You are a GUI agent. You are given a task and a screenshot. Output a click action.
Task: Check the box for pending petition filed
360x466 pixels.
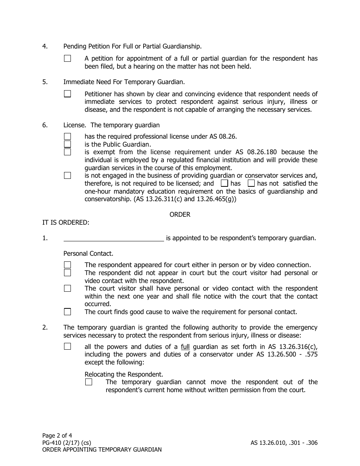(x=67, y=58)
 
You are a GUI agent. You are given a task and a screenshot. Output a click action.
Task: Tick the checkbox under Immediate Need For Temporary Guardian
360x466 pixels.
(x=67, y=94)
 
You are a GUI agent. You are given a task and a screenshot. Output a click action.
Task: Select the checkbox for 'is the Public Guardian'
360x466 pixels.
(x=67, y=144)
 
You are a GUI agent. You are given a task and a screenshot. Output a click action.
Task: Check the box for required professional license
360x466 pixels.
(x=67, y=136)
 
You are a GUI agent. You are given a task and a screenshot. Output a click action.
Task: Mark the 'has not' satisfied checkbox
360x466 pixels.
(x=251, y=183)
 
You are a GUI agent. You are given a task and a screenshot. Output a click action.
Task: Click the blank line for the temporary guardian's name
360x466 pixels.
(x=113, y=238)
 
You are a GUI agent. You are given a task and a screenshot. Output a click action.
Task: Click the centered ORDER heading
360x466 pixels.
(x=180, y=214)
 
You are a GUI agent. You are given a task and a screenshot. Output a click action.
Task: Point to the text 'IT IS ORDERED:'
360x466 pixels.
(x=66, y=222)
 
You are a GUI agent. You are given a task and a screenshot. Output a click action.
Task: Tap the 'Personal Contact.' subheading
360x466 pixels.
(x=88, y=253)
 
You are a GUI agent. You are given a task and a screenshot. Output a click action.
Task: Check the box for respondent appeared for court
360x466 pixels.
(x=67, y=265)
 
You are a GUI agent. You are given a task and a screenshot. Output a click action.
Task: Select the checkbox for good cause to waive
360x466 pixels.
(x=67, y=312)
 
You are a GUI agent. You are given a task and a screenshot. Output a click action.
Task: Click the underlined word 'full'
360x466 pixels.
(x=185, y=347)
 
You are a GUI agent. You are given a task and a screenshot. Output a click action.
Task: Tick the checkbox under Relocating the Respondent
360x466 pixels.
(x=89, y=382)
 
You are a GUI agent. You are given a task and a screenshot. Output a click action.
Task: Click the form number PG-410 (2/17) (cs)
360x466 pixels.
(x=66, y=443)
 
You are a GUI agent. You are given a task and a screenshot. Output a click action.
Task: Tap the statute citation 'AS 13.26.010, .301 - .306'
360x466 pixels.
(x=284, y=443)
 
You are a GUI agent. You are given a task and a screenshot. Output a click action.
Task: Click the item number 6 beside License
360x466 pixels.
(x=45, y=125)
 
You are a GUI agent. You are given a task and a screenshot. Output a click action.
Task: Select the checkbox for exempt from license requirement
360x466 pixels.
(x=67, y=152)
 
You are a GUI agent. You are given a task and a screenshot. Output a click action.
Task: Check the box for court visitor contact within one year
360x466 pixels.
(x=67, y=288)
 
